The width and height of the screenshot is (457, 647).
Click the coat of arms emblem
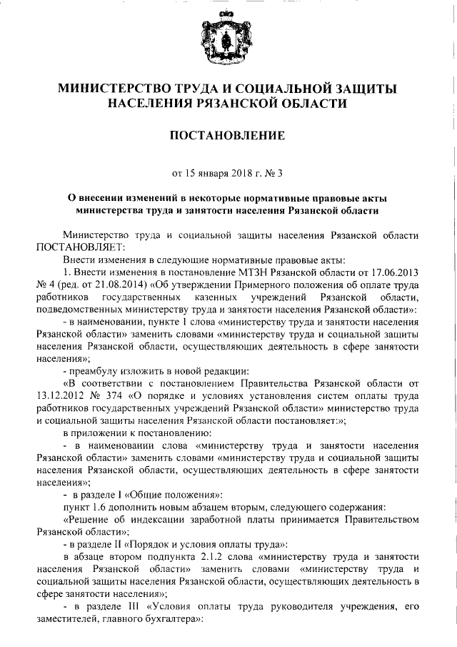(x=228, y=39)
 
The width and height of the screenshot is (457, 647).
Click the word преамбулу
(x=96, y=371)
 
